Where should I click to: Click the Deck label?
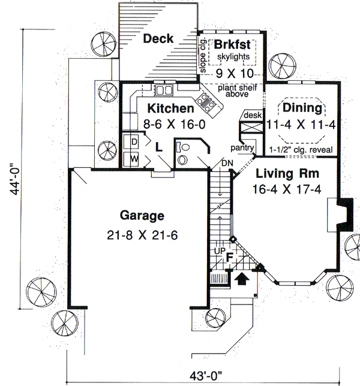(x=158, y=39)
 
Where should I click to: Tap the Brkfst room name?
(x=232, y=46)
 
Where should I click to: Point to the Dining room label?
(x=303, y=108)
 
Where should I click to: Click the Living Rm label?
(x=287, y=174)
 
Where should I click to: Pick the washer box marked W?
(x=134, y=159)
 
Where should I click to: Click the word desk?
(x=250, y=114)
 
